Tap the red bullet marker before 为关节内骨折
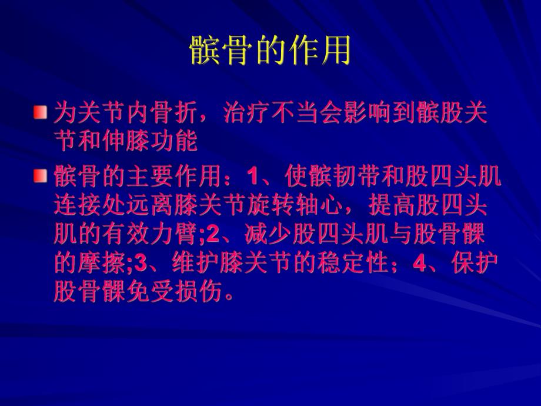click(x=39, y=111)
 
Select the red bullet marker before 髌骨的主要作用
click(x=39, y=175)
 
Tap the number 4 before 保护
click(x=419, y=264)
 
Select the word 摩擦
click(x=97, y=264)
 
